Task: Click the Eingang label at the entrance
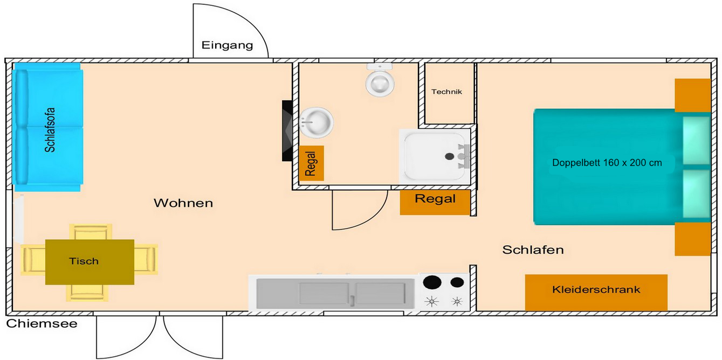click(227, 45)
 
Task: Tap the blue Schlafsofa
click(48, 127)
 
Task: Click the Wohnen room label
click(183, 203)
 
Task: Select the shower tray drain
click(449, 156)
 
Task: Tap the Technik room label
click(446, 92)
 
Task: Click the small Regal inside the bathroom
click(311, 163)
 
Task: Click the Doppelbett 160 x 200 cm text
click(607, 162)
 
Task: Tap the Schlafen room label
click(533, 250)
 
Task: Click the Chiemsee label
click(42, 324)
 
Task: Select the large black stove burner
click(432, 282)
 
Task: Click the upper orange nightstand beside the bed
click(692, 95)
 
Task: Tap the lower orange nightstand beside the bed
click(692, 239)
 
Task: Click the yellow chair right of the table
click(146, 259)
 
